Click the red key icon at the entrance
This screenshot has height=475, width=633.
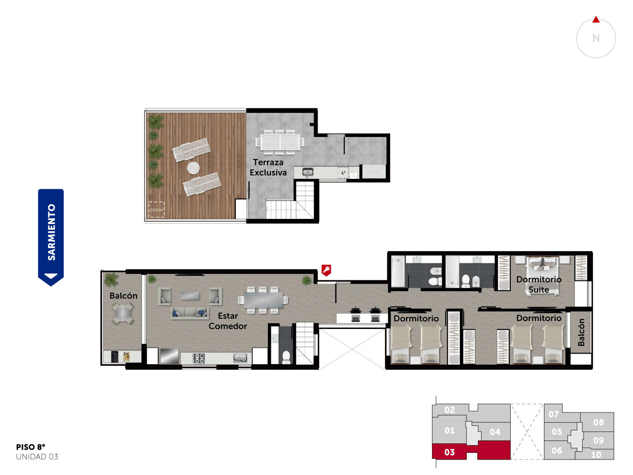(326, 270)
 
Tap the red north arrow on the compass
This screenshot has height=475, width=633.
(596, 20)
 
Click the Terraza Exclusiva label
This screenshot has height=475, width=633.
(268, 167)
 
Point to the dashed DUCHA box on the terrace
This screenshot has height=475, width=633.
(156, 209)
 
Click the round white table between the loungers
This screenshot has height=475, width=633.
(193, 168)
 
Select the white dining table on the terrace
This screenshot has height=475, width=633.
(280, 142)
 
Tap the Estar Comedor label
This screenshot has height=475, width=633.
(227, 321)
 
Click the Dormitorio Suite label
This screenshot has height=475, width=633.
(539, 284)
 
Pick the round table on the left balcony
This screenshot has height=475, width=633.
(123, 313)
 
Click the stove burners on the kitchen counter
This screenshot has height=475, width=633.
(199, 358)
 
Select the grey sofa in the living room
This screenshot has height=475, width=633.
(190, 313)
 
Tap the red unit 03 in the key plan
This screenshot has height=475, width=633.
(471, 450)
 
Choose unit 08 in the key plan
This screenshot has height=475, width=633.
(598, 422)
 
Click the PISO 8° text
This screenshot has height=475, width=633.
(30, 447)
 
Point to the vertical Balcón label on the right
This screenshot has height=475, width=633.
(581, 332)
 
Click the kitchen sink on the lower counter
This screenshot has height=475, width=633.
(240, 358)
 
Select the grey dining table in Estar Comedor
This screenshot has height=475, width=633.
(263, 300)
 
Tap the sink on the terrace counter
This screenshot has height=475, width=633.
(307, 172)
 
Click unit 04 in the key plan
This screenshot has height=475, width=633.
(495, 432)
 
